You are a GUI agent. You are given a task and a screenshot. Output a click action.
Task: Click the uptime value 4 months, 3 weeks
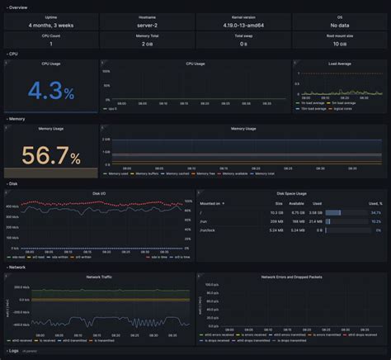pyautogui.click(x=51, y=26)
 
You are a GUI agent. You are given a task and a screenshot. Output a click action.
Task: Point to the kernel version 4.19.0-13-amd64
pyautogui.click(x=243, y=26)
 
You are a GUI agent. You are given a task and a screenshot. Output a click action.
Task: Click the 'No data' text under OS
pyautogui.click(x=339, y=26)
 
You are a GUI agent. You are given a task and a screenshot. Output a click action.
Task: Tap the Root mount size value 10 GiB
pyautogui.click(x=339, y=44)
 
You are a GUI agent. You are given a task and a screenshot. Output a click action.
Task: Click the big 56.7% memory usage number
pyautogui.click(x=51, y=158)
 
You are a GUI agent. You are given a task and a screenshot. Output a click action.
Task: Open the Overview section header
pyautogui.click(x=17, y=6)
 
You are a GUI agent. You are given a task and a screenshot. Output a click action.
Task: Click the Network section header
pyautogui.click(x=18, y=268)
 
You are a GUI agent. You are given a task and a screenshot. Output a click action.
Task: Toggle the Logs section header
pyautogui.click(x=14, y=351)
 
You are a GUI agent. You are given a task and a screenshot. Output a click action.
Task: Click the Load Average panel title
pyautogui.click(x=340, y=63)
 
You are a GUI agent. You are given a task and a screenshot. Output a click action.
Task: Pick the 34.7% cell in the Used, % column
pyautogui.click(x=375, y=213)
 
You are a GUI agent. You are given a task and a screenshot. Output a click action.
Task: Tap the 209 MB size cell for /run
pyautogui.click(x=276, y=222)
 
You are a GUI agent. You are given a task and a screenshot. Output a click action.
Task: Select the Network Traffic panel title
pyautogui.click(x=99, y=277)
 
